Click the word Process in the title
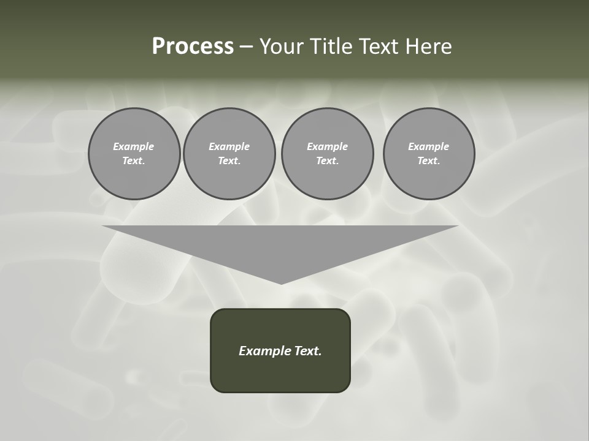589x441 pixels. tap(193, 47)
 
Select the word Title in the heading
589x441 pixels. tap(333, 47)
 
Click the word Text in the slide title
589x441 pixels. tap(379, 47)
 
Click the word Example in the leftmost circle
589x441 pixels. tap(134, 146)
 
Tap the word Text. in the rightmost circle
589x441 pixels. tap(429, 161)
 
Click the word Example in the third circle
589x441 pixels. tap(327, 146)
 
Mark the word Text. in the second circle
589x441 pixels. tap(229, 161)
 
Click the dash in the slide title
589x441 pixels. tap(246, 47)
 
